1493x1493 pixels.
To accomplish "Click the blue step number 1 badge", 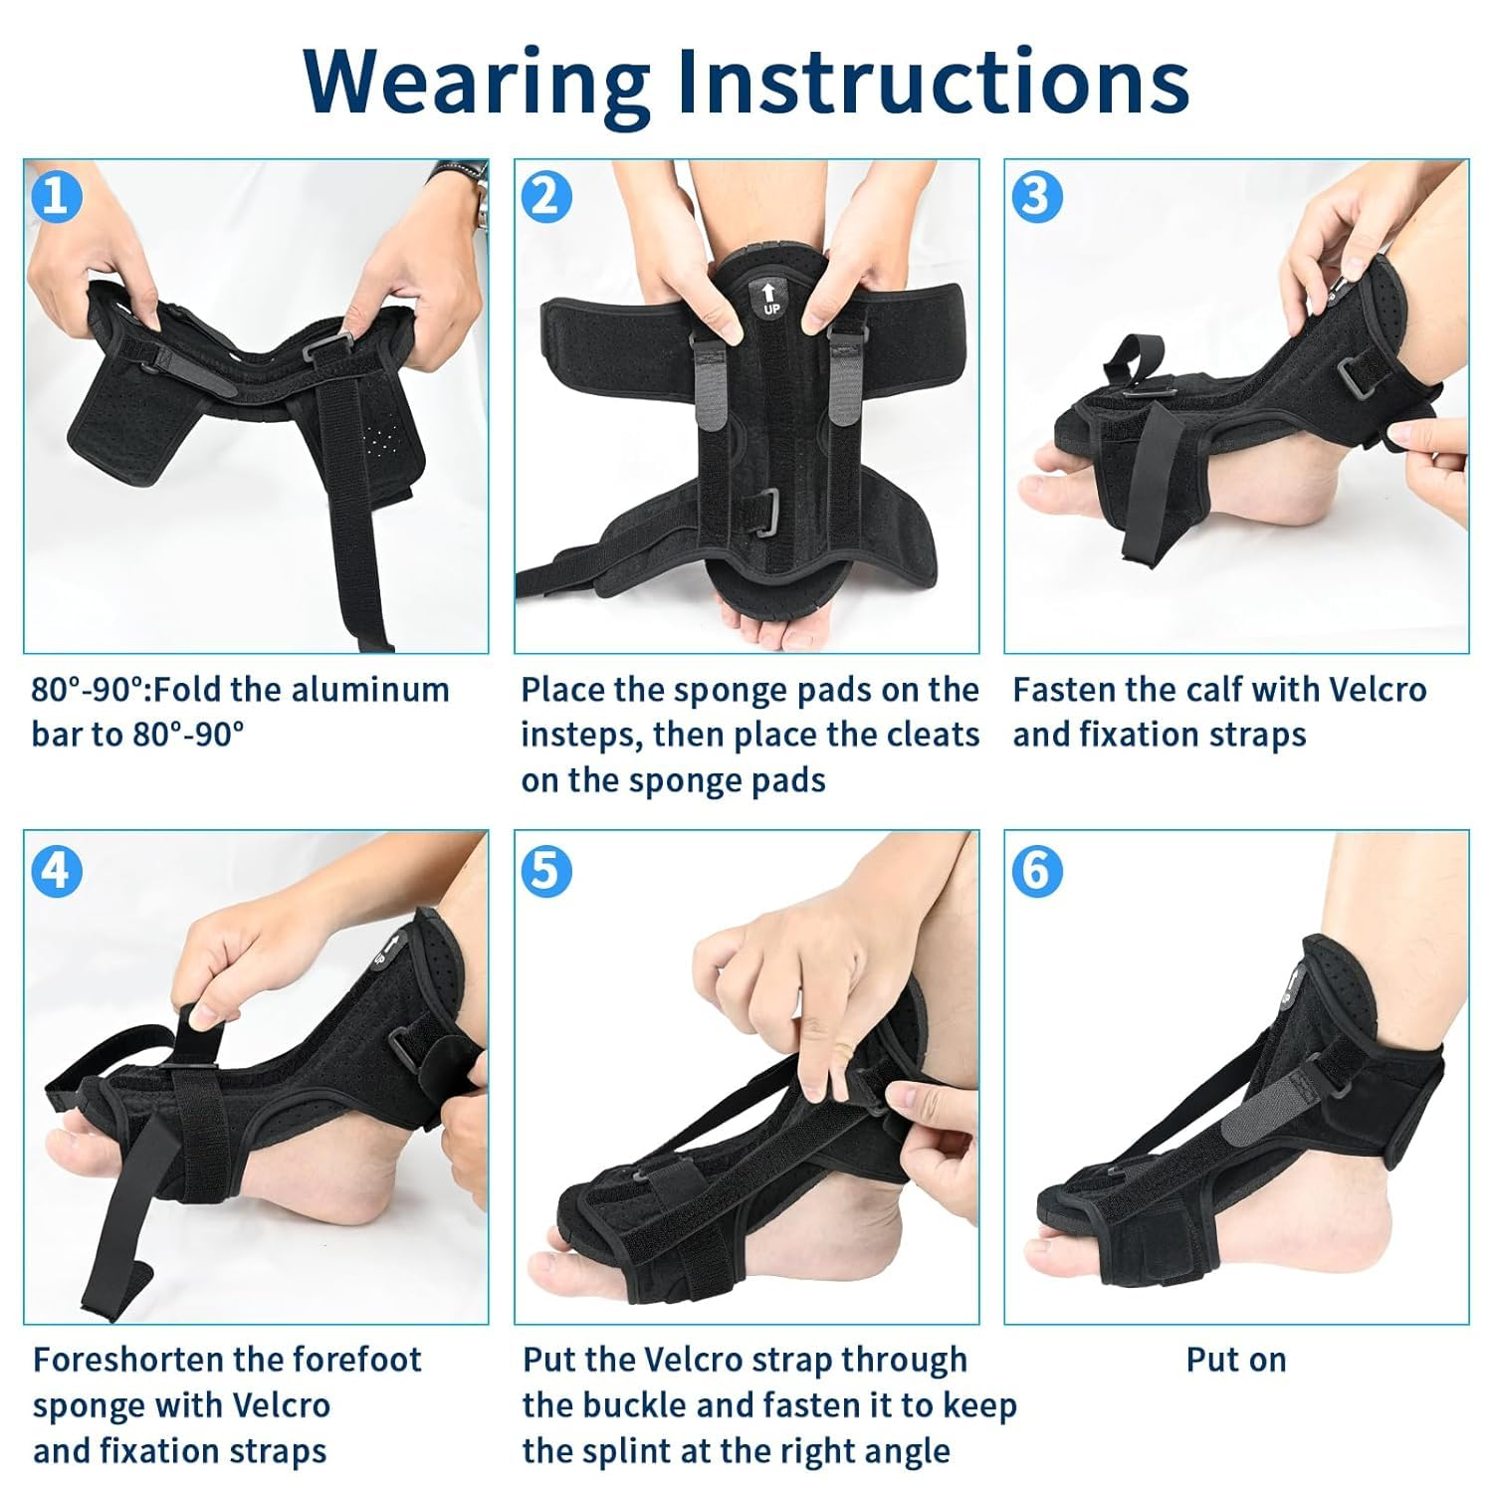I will point(56,196).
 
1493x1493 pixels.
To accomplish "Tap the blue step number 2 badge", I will point(546,196).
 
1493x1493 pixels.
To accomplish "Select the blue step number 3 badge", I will point(1036,196).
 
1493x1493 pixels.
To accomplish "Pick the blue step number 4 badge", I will point(56,871).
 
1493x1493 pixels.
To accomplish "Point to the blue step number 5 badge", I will point(546,871).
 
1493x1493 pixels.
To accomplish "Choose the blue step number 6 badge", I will point(1036,871).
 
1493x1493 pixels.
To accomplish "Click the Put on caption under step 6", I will point(1235,1360).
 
